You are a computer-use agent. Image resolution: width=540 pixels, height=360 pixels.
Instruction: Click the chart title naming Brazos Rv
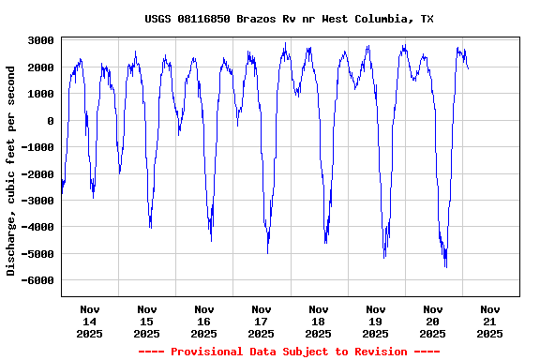tap(289, 19)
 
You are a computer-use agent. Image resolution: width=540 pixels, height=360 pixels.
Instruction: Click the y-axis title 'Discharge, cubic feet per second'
tap(11, 171)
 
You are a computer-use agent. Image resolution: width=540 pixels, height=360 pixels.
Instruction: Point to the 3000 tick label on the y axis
tap(40, 41)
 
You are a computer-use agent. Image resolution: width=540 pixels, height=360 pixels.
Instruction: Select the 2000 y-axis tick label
tap(40, 67)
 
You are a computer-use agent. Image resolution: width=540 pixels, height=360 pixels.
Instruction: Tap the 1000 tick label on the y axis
tap(40, 94)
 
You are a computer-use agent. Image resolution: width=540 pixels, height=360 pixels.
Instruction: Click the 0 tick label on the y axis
tap(51, 121)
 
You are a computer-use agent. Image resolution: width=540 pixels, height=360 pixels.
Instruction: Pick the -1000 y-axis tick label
tap(37, 147)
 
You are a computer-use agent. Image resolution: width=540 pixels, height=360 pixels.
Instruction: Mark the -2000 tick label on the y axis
tap(37, 174)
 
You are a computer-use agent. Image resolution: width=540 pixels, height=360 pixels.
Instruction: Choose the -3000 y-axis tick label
tap(37, 201)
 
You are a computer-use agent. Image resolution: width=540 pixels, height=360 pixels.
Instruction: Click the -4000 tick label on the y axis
tap(37, 227)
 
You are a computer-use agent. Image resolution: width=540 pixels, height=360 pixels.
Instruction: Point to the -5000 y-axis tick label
tap(37, 254)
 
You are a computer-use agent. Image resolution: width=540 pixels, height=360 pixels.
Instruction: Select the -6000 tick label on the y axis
tap(37, 280)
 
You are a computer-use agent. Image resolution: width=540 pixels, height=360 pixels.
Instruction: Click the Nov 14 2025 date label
tap(90, 321)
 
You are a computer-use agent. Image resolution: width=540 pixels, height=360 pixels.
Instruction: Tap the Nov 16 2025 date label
tap(204, 321)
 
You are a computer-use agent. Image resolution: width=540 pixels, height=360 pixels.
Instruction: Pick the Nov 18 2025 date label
tap(319, 321)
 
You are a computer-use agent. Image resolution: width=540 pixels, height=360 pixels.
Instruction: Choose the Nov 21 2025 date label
tap(490, 321)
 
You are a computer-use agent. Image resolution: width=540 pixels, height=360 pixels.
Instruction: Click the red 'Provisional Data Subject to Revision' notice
tap(289, 352)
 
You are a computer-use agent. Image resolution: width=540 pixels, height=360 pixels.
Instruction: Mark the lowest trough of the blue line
tap(446, 267)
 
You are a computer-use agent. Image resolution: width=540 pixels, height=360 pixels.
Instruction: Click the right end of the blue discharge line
tap(468, 67)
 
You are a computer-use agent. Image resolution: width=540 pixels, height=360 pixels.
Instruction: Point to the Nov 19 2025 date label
tap(376, 321)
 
